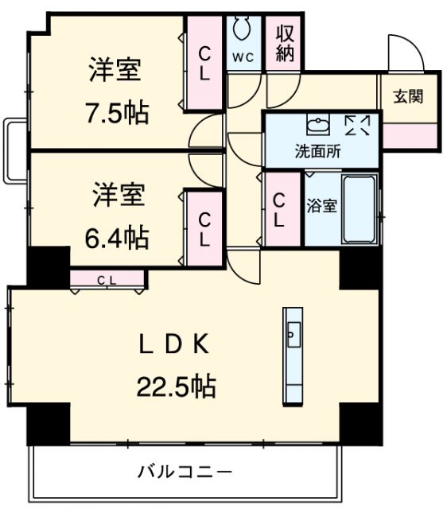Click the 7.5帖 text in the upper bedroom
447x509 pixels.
point(117,113)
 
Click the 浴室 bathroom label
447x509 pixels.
point(322,205)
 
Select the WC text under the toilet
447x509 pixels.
point(243,56)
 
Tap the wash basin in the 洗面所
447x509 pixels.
point(316,126)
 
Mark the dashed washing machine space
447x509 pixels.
point(357,126)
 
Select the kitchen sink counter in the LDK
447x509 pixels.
point(291,355)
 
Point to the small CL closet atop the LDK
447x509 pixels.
point(107,278)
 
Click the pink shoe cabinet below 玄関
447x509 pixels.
point(409,135)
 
